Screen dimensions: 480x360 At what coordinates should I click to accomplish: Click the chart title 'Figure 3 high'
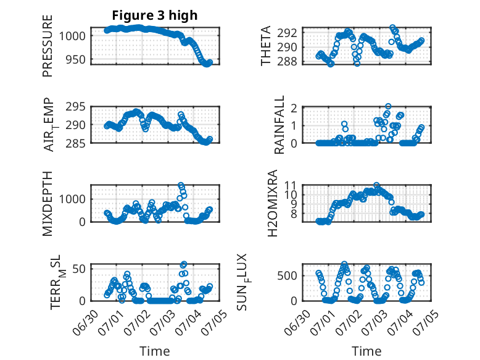pyautogui.click(x=155, y=15)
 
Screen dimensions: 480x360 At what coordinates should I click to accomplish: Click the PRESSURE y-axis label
pyautogui.click(x=48, y=46)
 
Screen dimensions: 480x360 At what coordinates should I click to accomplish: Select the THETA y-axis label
pyautogui.click(x=266, y=46)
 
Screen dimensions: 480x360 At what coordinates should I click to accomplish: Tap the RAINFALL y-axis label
pyautogui.click(x=279, y=125)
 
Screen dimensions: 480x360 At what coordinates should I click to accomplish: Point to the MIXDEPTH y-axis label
pyautogui.click(x=48, y=204)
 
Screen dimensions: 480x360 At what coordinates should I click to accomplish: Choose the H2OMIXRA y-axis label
pyautogui.click(x=273, y=203)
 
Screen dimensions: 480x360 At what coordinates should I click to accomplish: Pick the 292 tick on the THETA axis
pyautogui.click(x=287, y=33)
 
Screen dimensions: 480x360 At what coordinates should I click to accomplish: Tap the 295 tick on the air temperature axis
pyautogui.click(x=76, y=107)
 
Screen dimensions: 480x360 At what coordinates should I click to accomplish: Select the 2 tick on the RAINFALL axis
pyautogui.click(x=294, y=108)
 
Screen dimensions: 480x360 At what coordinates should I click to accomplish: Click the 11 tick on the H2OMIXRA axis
pyautogui.click(x=291, y=185)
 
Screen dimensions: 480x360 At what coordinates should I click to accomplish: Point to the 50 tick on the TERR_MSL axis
pyautogui.click(x=79, y=269)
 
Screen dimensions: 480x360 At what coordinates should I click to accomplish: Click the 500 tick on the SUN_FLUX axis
pyautogui.click(x=287, y=276)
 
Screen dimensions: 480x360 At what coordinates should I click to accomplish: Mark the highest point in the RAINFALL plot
pyautogui.click(x=388, y=106)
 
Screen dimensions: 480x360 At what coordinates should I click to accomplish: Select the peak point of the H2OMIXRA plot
pyautogui.click(x=376, y=185)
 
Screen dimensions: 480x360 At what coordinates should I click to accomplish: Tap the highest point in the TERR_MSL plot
pyautogui.click(x=184, y=264)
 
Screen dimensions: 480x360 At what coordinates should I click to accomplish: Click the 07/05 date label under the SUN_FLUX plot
pyautogui.click(x=427, y=320)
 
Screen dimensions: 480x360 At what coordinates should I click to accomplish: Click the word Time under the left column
pyautogui.click(x=155, y=351)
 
